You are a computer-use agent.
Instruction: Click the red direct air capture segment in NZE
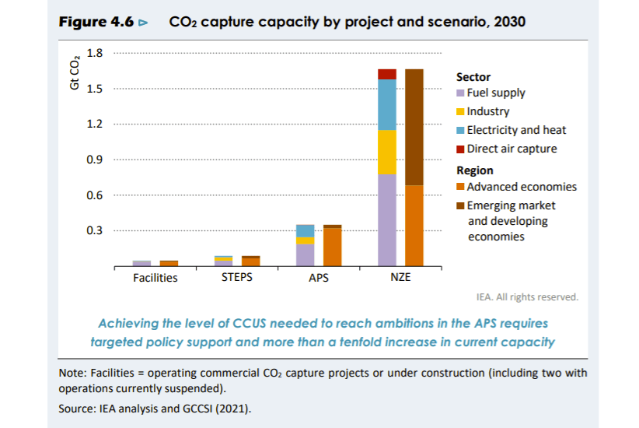387,74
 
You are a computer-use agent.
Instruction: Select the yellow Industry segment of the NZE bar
387,152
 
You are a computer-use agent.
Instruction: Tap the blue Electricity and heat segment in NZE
387,104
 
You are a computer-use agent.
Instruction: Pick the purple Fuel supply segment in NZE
387,219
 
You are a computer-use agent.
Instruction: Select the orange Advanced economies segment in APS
332,247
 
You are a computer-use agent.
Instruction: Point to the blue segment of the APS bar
306,230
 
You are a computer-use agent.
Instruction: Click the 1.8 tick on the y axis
95,53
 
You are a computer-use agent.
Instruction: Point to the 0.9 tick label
95,160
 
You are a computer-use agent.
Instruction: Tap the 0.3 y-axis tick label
95,230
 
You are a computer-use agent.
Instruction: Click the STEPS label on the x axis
237,278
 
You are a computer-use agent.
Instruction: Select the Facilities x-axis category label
155,278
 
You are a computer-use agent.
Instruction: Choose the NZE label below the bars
400,278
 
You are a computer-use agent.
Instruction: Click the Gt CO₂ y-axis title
75,72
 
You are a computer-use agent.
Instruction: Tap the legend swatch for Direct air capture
460,149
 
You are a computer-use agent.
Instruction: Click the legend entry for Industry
487,111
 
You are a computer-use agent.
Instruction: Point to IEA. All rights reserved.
526,296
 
